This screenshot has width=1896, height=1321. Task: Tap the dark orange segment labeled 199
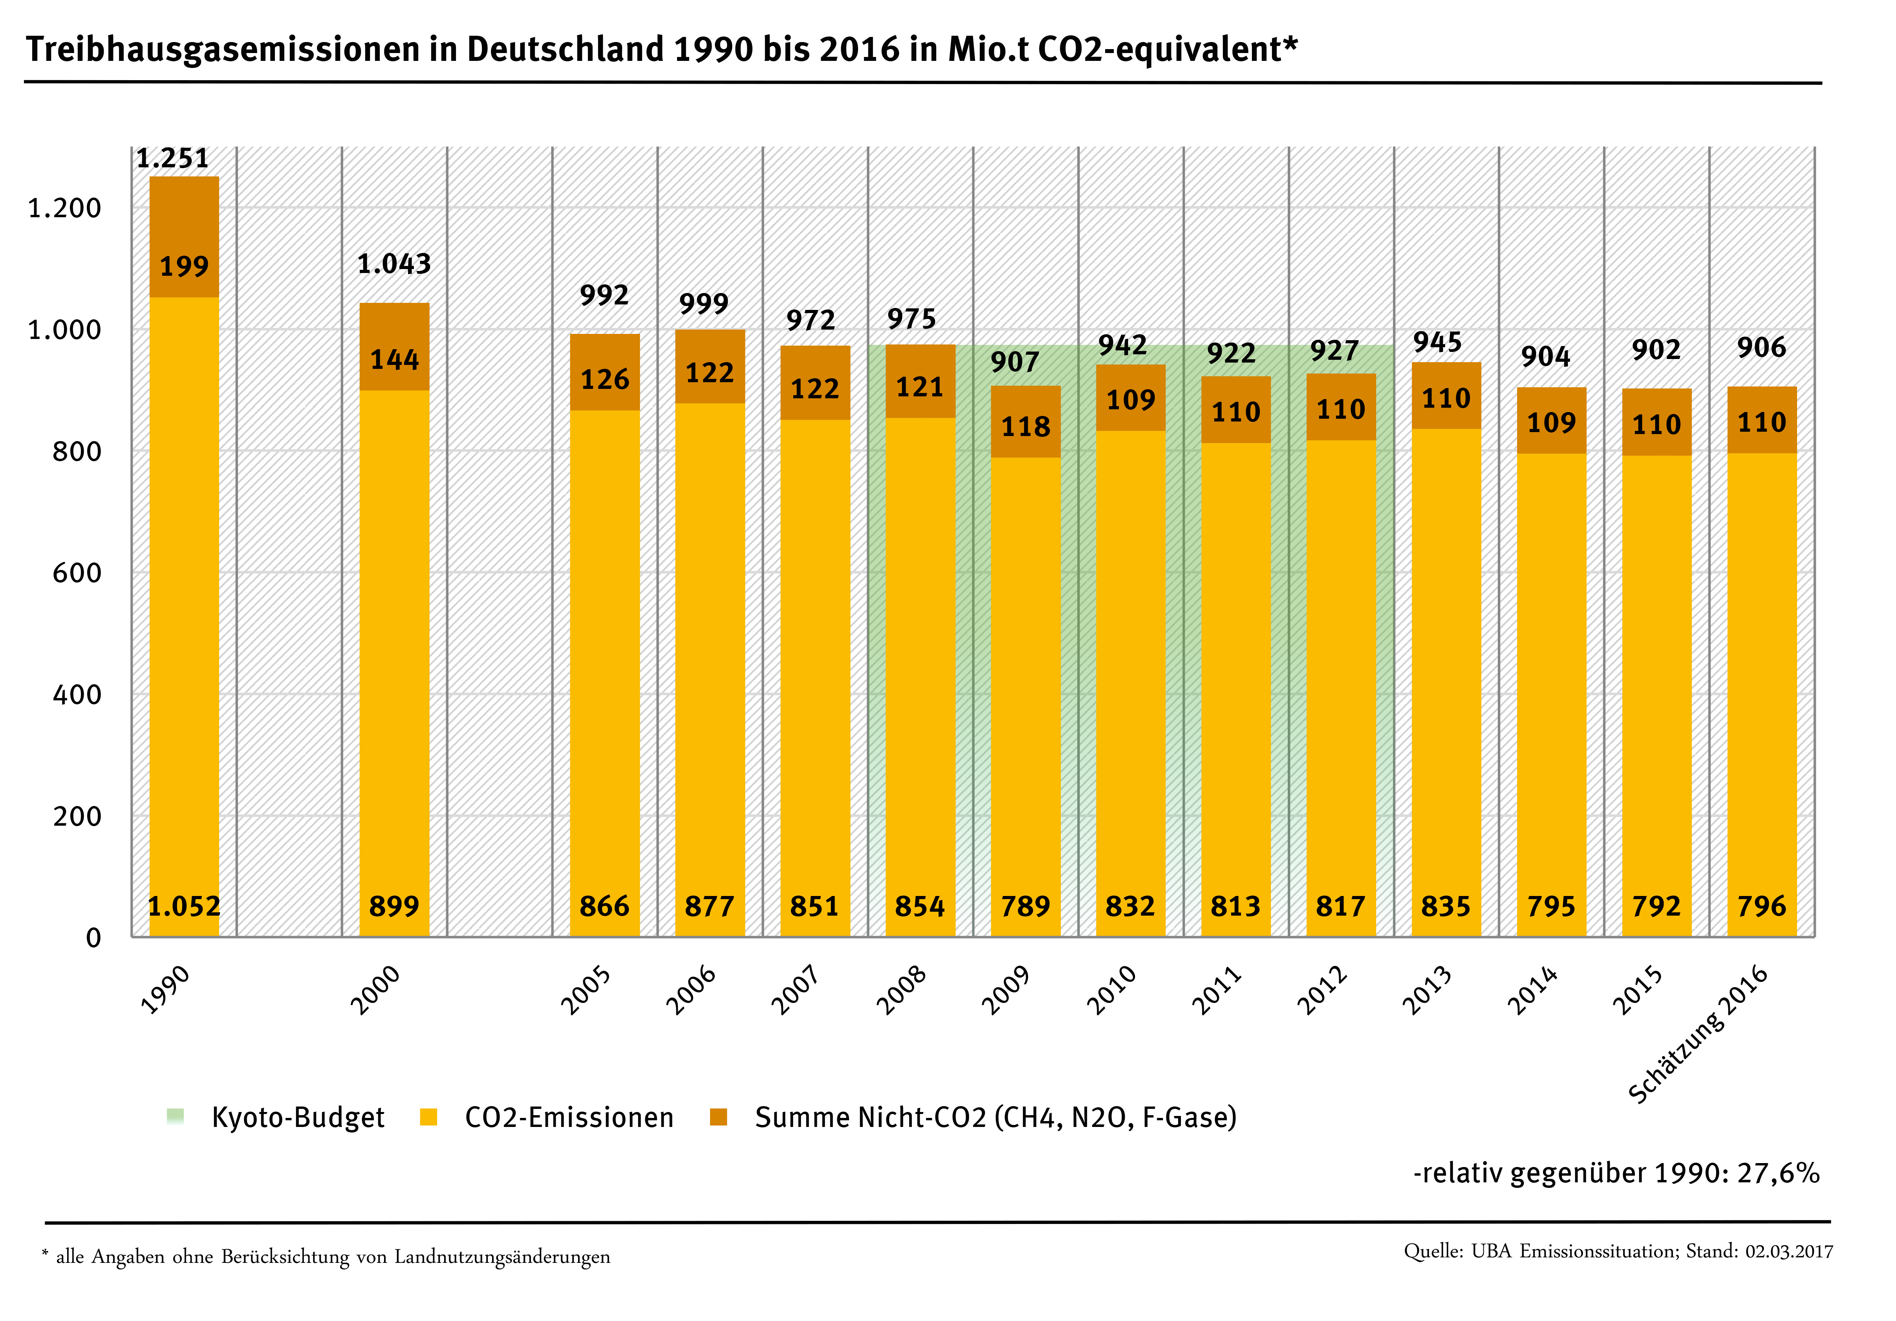184,266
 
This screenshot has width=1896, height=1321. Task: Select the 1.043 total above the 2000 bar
394,264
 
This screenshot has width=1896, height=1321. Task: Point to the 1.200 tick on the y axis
64,208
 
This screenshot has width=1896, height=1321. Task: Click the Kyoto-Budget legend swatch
175,1117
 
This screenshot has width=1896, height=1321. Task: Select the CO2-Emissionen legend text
569,1117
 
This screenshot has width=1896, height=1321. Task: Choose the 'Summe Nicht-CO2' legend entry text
995,1117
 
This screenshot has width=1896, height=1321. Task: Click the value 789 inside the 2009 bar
1026,906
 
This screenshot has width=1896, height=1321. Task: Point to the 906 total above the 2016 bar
1761,347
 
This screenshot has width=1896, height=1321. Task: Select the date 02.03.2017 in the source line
1789,1251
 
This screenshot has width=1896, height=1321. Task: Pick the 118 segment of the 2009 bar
1026,426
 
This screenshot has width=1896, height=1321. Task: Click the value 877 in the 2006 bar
709,906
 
